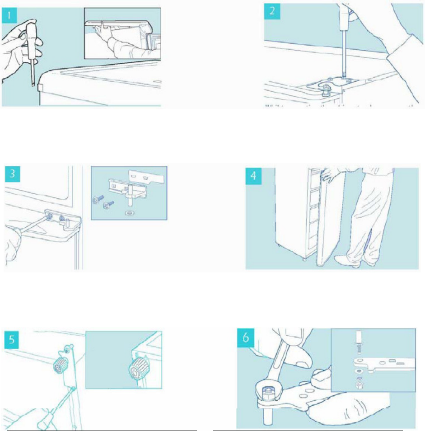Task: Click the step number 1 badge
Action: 9,15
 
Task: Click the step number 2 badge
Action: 272,12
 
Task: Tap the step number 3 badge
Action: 12,174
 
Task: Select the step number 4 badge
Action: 253,176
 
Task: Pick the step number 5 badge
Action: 12,340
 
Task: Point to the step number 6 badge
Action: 246,337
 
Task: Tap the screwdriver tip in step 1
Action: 33,85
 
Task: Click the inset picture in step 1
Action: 122,33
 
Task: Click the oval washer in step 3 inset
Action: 129,213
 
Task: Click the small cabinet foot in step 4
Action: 304,259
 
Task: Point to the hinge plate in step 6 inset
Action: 384,365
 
